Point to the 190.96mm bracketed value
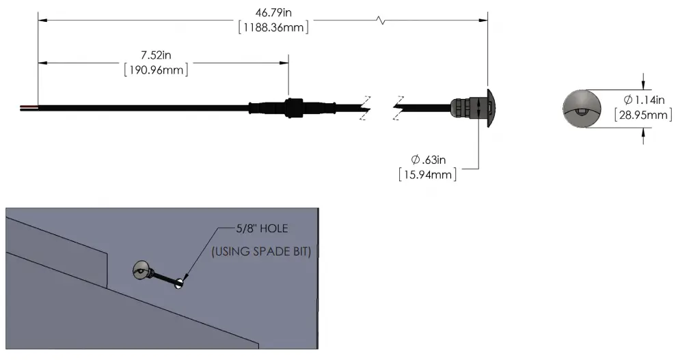tap(156, 70)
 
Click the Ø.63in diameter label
tap(429, 160)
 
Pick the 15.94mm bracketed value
tap(428, 174)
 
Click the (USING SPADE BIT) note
tap(262, 251)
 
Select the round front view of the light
tap(581, 108)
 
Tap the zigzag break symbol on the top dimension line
tap(381, 21)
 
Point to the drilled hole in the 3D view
tap(180, 281)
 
